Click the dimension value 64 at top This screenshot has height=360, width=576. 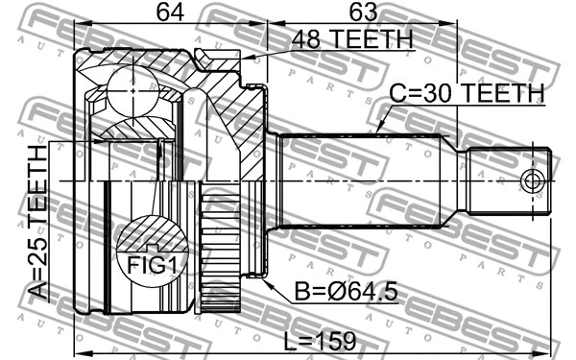pos(170,13)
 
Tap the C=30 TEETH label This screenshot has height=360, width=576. pos(467,93)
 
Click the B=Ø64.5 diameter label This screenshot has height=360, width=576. pos(332,290)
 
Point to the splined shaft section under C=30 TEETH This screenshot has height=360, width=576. pos(360,180)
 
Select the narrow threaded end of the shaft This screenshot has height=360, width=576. pos(509,181)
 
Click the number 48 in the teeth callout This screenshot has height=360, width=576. pos(283,40)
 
